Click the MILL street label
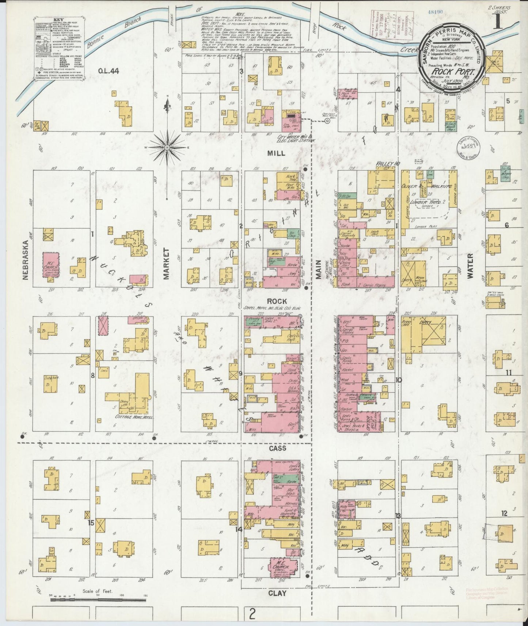click(276, 154)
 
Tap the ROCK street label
click(276, 301)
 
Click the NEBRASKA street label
click(25, 260)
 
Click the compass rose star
click(167, 147)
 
